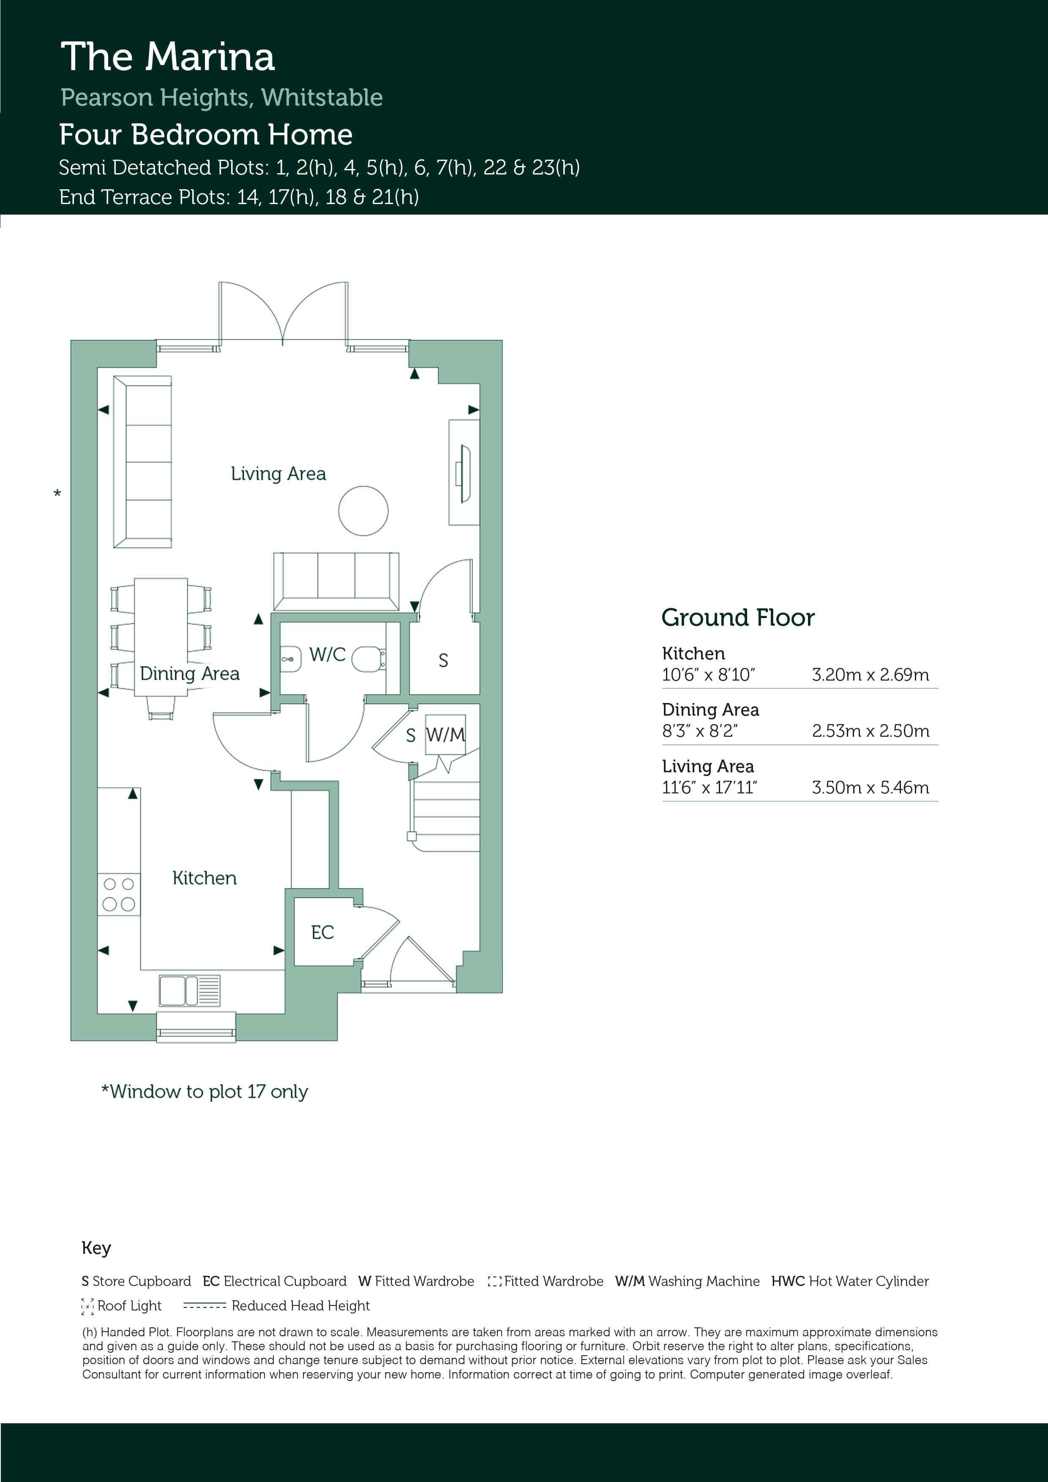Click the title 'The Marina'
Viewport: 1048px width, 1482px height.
click(168, 57)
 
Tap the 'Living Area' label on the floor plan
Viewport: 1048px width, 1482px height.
click(278, 474)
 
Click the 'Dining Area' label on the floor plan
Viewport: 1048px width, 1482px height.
click(190, 674)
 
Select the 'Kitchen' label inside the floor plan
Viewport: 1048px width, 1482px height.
click(205, 878)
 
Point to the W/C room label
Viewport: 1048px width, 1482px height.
click(327, 654)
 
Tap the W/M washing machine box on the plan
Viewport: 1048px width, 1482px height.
click(445, 735)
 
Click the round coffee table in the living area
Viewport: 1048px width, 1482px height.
click(363, 511)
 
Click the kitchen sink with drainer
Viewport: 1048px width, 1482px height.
click(190, 991)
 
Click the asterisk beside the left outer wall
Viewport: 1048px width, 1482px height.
click(57, 494)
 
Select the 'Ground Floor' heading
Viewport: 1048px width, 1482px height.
click(738, 618)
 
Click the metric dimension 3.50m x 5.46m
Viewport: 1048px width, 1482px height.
click(871, 787)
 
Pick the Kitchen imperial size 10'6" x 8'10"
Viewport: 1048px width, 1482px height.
click(708, 675)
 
